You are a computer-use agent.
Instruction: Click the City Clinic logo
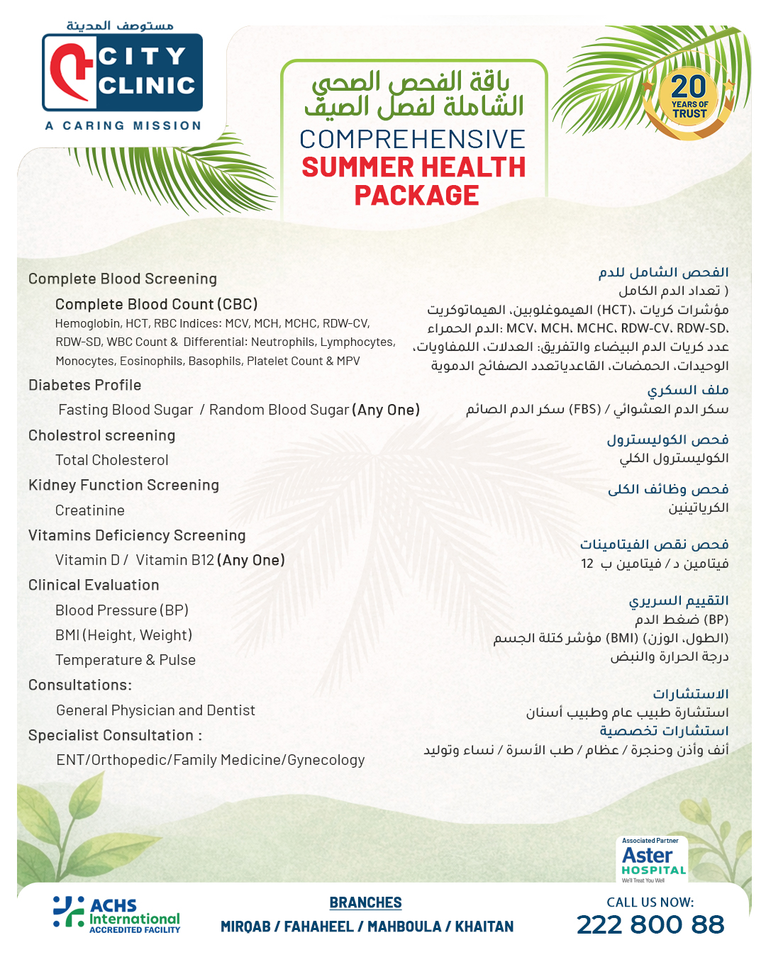click(x=123, y=72)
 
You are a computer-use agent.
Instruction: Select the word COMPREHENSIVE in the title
click(x=412, y=139)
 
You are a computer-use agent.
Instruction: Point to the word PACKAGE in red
click(x=416, y=196)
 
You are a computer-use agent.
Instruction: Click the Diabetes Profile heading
click(x=85, y=385)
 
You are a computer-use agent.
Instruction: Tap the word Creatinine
click(x=90, y=510)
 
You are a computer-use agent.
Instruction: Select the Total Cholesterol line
click(x=112, y=460)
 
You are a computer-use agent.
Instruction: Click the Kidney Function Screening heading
click(x=123, y=485)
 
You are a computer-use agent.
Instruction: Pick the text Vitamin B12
click(x=175, y=560)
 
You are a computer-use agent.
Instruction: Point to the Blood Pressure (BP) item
click(x=122, y=610)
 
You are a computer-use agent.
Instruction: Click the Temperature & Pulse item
click(x=126, y=660)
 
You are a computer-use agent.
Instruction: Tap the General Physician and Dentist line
click(x=155, y=710)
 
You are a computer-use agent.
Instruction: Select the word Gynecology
click(x=326, y=760)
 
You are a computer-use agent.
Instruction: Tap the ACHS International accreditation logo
click(x=117, y=914)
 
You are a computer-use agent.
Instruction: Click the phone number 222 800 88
click(x=650, y=924)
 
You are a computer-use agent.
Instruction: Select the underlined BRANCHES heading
click(x=365, y=902)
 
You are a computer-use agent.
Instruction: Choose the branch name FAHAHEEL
click(x=318, y=927)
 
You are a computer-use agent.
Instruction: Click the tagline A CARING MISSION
click(x=123, y=125)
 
